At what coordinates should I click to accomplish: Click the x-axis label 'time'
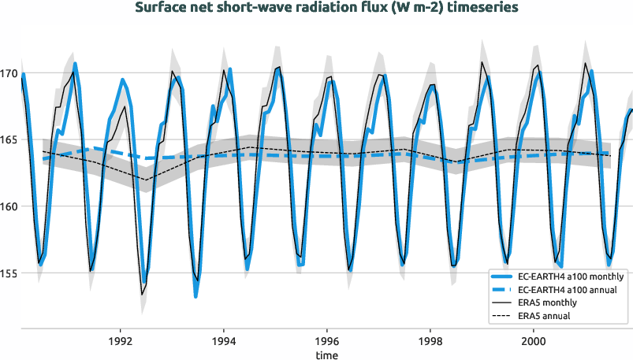[326, 354]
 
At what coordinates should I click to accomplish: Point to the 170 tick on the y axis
[9, 74]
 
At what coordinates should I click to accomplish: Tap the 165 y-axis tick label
[9, 140]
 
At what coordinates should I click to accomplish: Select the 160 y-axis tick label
[9, 207]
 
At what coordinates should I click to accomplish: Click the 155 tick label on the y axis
[9, 273]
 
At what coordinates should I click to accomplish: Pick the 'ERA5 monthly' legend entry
[548, 302]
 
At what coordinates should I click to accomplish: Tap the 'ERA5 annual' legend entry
[545, 315]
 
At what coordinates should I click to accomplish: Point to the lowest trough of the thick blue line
[195, 295]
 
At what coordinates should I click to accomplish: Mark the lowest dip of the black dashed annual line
[146, 180]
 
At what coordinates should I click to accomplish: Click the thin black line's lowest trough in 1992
[143, 295]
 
